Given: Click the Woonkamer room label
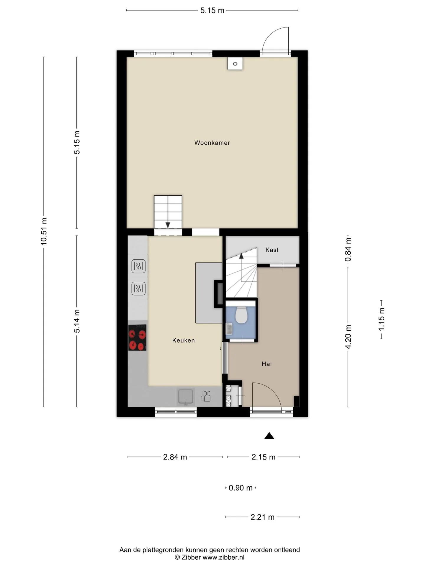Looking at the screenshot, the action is [x=212, y=143].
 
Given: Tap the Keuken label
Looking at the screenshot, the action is [x=183, y=340].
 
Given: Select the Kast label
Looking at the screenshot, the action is [x=272, y=250].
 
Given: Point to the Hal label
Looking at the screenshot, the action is [x=267, y=364].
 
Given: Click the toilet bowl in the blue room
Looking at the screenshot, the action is [x=241, y=315].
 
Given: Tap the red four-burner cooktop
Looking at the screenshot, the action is [x=137, y=338].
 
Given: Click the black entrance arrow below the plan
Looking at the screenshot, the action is [x=269, y=436].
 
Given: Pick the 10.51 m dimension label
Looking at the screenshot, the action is [x=44, y=231].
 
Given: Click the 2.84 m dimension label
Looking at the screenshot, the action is [x=175, y=457].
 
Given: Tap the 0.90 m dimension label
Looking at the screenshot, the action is [x=241, y=488].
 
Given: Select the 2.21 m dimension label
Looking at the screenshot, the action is [x=262, y=517].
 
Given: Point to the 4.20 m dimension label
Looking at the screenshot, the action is [x=348, y=337].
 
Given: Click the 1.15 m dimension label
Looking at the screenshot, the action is [x=381, y=319].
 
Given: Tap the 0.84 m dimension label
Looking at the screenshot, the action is [x=348, y=250].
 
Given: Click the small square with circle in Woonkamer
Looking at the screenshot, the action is [x=235, y=63].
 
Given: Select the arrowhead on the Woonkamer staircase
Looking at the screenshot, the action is [x=168, y=225].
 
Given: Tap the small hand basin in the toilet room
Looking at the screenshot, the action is [x=229, y=328].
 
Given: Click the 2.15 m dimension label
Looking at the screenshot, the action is [x=263, y=457].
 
